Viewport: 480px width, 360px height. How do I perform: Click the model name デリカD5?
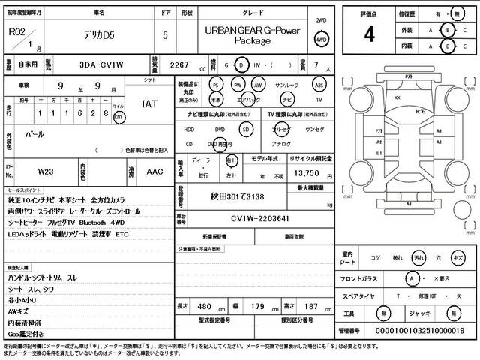[99, 34]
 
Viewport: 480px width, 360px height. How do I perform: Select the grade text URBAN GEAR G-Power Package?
[251, 34]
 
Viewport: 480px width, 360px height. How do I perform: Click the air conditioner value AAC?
[155, 172]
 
